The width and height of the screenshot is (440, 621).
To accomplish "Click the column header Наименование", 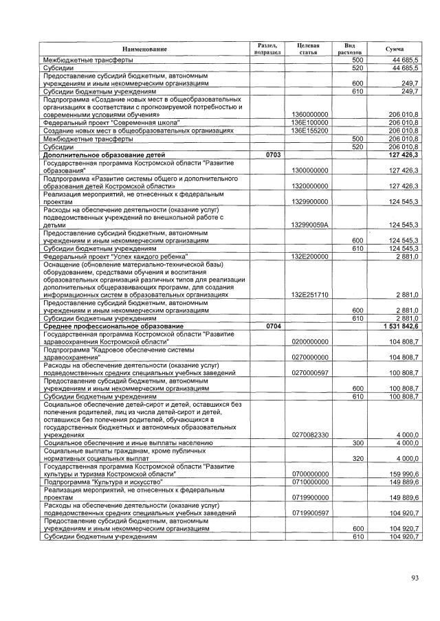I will (144, 49).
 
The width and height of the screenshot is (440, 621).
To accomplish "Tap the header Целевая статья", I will (307, 48).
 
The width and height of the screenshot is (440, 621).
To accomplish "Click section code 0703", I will (265, 155).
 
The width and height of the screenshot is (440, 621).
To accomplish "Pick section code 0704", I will (265, 326).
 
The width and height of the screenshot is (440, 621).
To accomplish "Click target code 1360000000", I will (310, 114).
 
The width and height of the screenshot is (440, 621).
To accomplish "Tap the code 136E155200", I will (309, 130).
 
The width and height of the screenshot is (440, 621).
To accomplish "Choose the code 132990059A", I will (310, 225).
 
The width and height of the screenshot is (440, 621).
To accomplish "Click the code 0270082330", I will (310, 435).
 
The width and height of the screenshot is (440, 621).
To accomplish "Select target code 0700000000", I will (310, 474).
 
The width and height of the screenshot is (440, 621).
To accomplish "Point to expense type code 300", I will (357, 443).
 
